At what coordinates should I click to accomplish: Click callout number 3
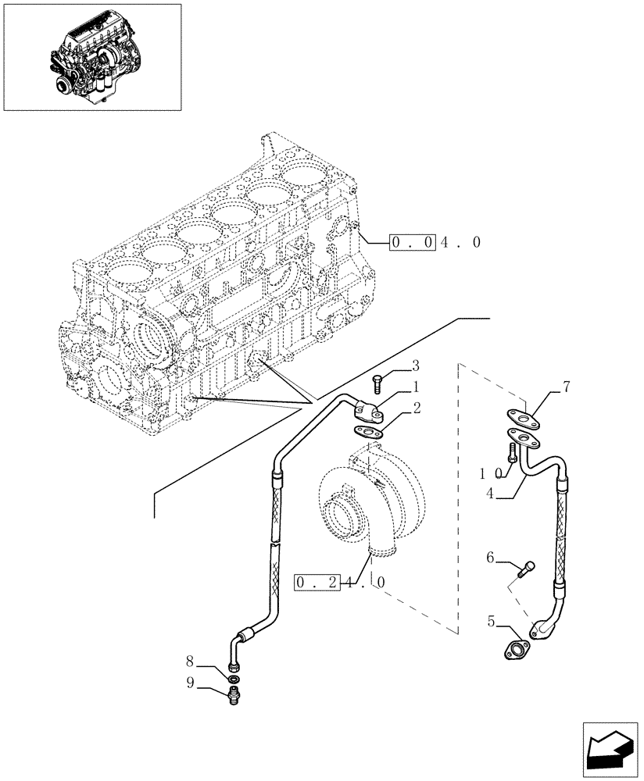click(415, 366)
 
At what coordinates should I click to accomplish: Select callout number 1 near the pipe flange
click(417, 387)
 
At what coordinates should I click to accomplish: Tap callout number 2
click(417, 407)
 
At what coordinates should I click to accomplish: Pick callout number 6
click(491, 557)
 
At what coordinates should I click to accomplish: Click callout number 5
click(491, 622)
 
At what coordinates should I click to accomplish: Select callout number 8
click(190, 662)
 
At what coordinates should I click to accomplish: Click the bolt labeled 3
click(377, 383)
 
